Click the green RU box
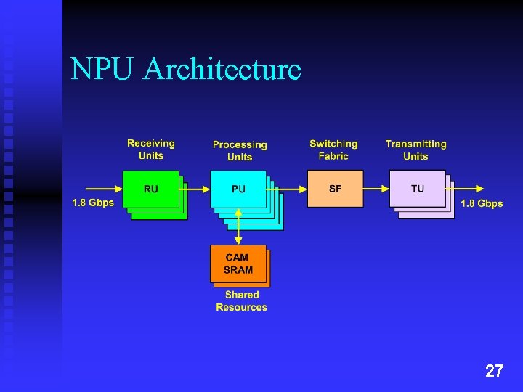(x=151, y=189)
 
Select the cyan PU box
(x=238, y=189)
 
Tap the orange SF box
(x=335, y=189)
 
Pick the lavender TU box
(x=418, y=189)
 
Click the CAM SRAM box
(x=238, y=264)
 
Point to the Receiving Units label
(x=151, y=150)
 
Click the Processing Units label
(x=240, y=151)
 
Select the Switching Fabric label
(x=333, y=150)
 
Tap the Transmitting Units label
(x=415, y=150)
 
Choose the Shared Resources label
(x=241, y=301)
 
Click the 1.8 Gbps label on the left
(x=93, y=203)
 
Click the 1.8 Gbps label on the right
(x=482, y=203)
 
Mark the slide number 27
(x=494, y=372)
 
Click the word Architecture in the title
(x=222, y=70)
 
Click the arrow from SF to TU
(x=376, y=189)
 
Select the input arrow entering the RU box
(x=98, y=189)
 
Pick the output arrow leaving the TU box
(x=472, y=189)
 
